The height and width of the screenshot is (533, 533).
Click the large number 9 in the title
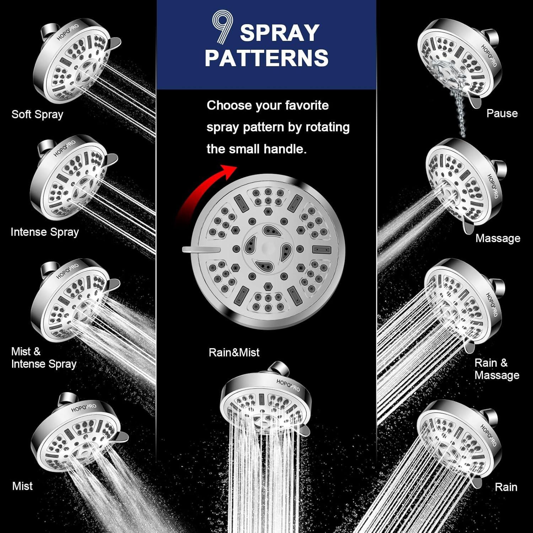click(222, 27)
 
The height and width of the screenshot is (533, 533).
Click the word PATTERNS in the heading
click(266, 58)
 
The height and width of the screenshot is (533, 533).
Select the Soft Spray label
click(37, 114)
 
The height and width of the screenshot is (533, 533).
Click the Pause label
click(502, 113)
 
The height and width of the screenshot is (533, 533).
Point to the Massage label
click(498, 238)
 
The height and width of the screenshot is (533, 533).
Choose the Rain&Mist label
click(234, 352)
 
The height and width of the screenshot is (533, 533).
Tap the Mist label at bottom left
click(22, 486)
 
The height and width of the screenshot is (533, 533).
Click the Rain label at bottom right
click(506, 487)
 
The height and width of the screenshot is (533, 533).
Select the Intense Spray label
click(45, 232)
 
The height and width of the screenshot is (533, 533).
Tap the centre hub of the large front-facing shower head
click(268, 248)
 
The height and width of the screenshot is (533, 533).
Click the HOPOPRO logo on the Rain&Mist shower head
click(288, 386)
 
